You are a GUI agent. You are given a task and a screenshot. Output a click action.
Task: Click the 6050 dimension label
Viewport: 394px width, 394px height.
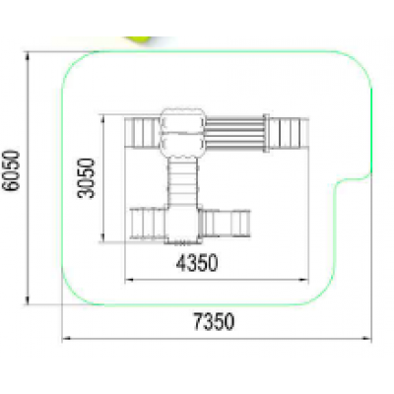(11, 170)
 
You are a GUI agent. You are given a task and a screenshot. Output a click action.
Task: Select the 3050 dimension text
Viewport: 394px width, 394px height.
(86, 178)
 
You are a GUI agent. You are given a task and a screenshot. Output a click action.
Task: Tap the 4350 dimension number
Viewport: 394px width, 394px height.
(197, 263)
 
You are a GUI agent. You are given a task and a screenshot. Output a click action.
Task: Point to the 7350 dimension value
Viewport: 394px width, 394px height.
(214, 321)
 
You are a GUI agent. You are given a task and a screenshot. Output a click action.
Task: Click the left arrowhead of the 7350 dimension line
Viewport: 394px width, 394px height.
(66, 338)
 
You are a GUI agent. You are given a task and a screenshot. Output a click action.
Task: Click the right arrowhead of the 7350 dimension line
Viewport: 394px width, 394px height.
(367, 338)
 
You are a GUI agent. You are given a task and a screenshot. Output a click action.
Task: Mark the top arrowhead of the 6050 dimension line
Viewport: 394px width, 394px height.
(28, 56)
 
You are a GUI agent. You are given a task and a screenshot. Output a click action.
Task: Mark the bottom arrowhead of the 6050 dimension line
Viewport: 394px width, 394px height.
(28, 299)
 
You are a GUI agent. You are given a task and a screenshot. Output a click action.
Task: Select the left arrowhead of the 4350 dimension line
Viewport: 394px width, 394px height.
(129, 280)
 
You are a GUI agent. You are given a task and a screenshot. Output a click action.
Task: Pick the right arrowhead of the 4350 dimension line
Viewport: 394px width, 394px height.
(304, 280)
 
